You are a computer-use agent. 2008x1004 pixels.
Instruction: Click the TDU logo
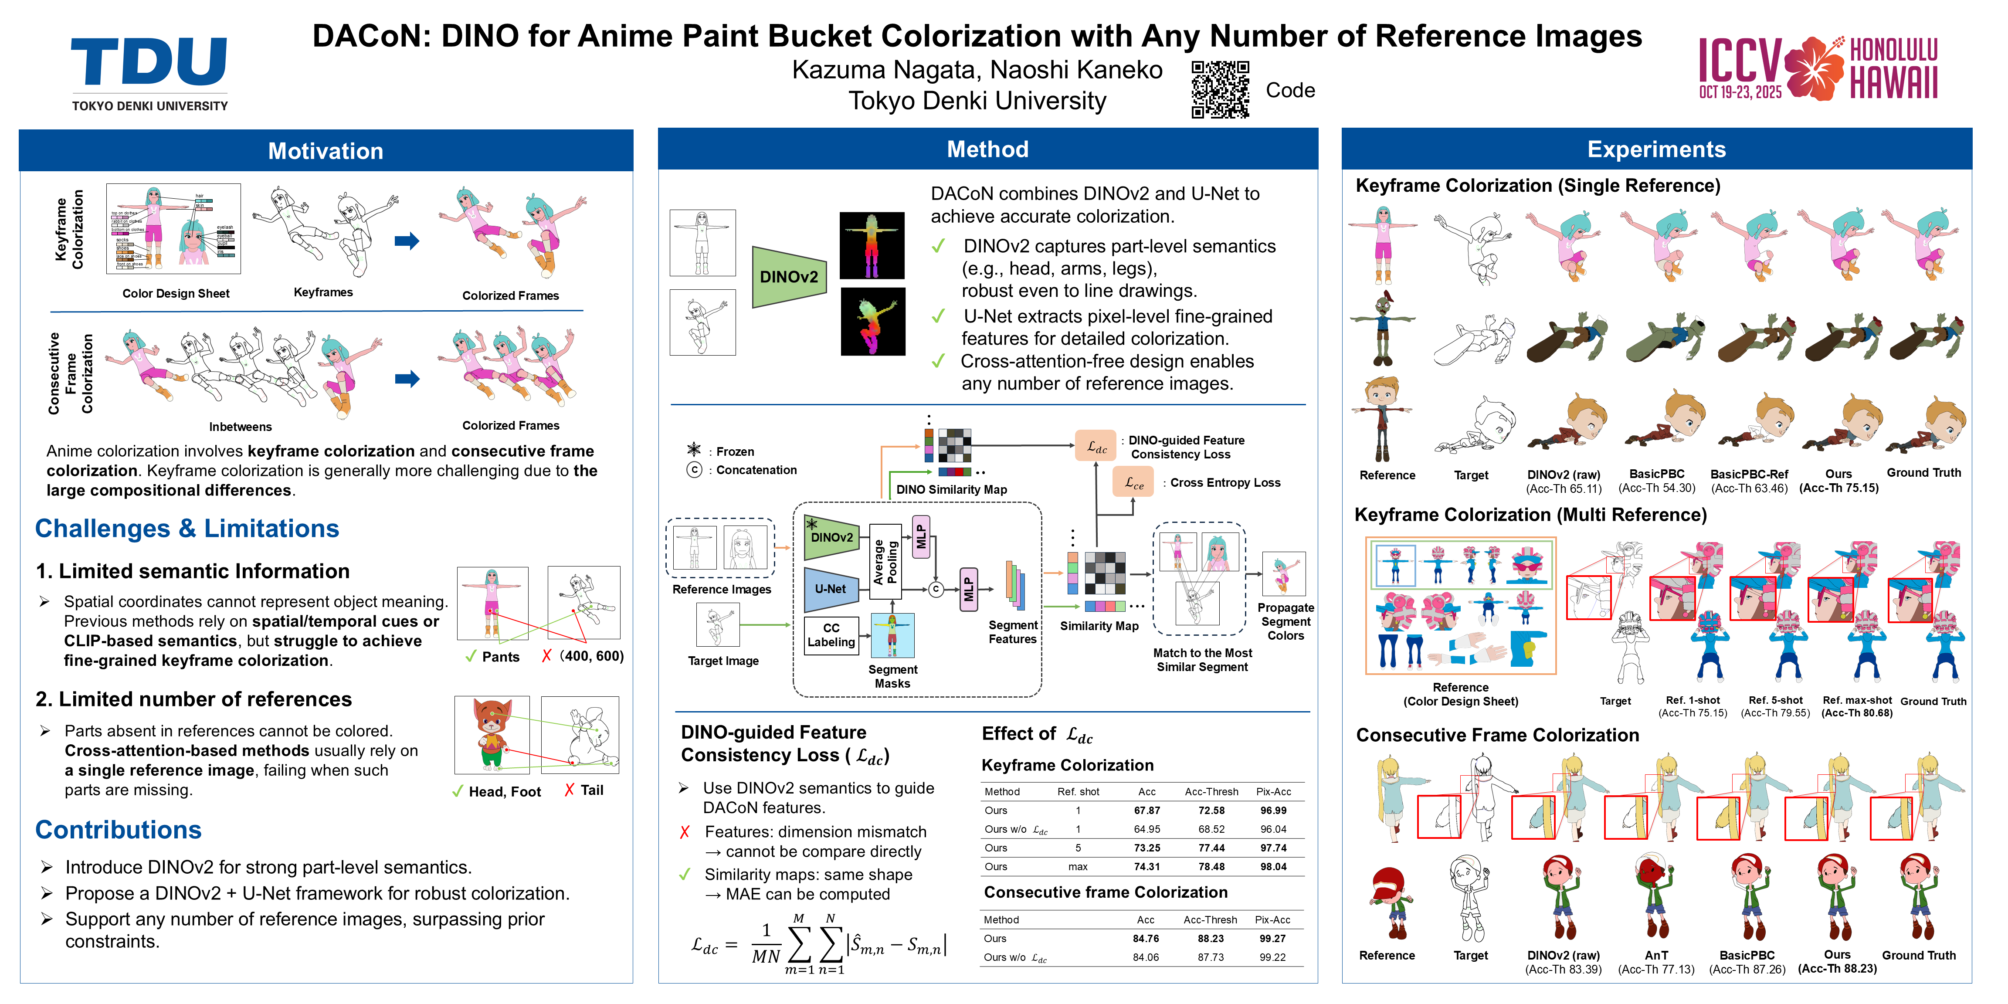[149, 72]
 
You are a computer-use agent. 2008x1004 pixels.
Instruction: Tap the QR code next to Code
[1220, 90]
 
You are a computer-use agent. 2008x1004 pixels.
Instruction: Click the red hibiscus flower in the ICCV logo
[1815, 68]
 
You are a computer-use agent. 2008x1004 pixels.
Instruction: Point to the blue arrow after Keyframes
[407, 241]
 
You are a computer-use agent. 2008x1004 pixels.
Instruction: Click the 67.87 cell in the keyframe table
[1146, 811]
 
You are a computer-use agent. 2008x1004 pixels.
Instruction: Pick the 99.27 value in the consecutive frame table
[1272, 939]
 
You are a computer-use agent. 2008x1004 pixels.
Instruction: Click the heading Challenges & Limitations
[187, 529]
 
